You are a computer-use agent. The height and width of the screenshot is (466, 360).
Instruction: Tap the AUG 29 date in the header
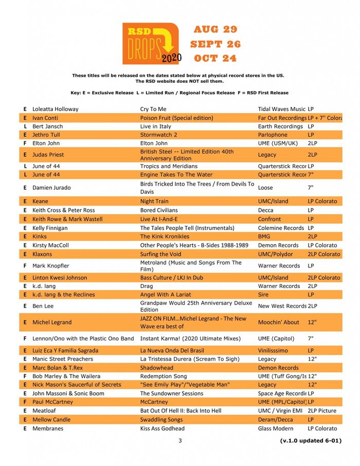click(216, 29)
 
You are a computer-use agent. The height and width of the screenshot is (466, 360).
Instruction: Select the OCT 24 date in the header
click(215, 58)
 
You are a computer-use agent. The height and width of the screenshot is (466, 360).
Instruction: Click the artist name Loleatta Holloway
click(56, 109)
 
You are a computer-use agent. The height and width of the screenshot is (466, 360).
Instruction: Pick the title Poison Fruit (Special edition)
click(176, 118)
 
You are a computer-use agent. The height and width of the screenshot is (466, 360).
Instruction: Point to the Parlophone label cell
click(273, 135)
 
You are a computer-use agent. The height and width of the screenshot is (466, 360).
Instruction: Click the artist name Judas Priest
click(48, 155)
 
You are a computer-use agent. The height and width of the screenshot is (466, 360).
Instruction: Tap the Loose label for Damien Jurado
click(266, 188)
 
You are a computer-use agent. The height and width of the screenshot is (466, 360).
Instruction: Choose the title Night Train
click(154, 201)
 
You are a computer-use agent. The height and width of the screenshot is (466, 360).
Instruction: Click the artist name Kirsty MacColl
click(50, 245)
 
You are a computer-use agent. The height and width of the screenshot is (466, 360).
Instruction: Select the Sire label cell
click(263, 295)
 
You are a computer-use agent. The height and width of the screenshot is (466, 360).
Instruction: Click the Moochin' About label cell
click(278, 322)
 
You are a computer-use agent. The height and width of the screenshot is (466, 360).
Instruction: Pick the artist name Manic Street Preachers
click(63, 359)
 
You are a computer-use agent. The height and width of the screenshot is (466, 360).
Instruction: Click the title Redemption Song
click(164, 377)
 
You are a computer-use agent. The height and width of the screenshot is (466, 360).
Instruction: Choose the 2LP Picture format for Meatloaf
click(322, 410)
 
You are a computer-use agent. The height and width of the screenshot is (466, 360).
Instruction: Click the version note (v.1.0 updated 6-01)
click(311, 440)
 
